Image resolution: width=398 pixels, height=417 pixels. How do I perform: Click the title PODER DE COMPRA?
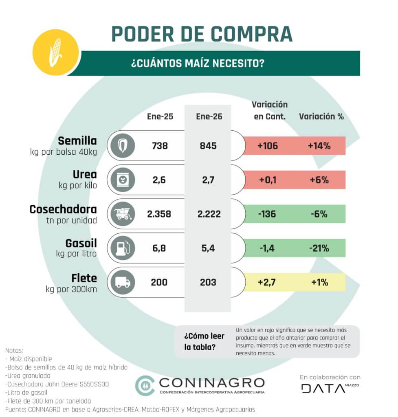pyautogui.click(x=202, y=34)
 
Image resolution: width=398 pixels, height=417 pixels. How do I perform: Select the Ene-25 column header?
pyautogui.click(x=160, y=116)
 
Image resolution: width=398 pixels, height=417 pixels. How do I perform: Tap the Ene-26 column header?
pyautogui.click(x=209, y=116)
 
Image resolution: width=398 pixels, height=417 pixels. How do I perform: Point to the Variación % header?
pyautogui.click(x=321, y=116)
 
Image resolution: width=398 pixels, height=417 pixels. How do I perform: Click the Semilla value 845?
pyautogui.click(x=209, y=145)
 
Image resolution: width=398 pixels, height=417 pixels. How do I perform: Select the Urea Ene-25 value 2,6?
pyautogui.click(x=159, y=180)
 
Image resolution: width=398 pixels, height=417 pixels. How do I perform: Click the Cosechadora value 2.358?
pyautogui.click(x=159, y=214)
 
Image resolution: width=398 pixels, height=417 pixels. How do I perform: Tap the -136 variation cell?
pyautogui.click(x=267, y=214)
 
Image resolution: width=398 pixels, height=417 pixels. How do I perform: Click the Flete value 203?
pyautogui.click(x=209, y=282)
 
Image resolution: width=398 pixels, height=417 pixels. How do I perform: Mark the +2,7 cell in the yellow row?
pyautogui.click(x=267, y=282)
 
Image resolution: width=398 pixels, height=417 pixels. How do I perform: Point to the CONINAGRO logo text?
pyautogui.click(x=211, y=383)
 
